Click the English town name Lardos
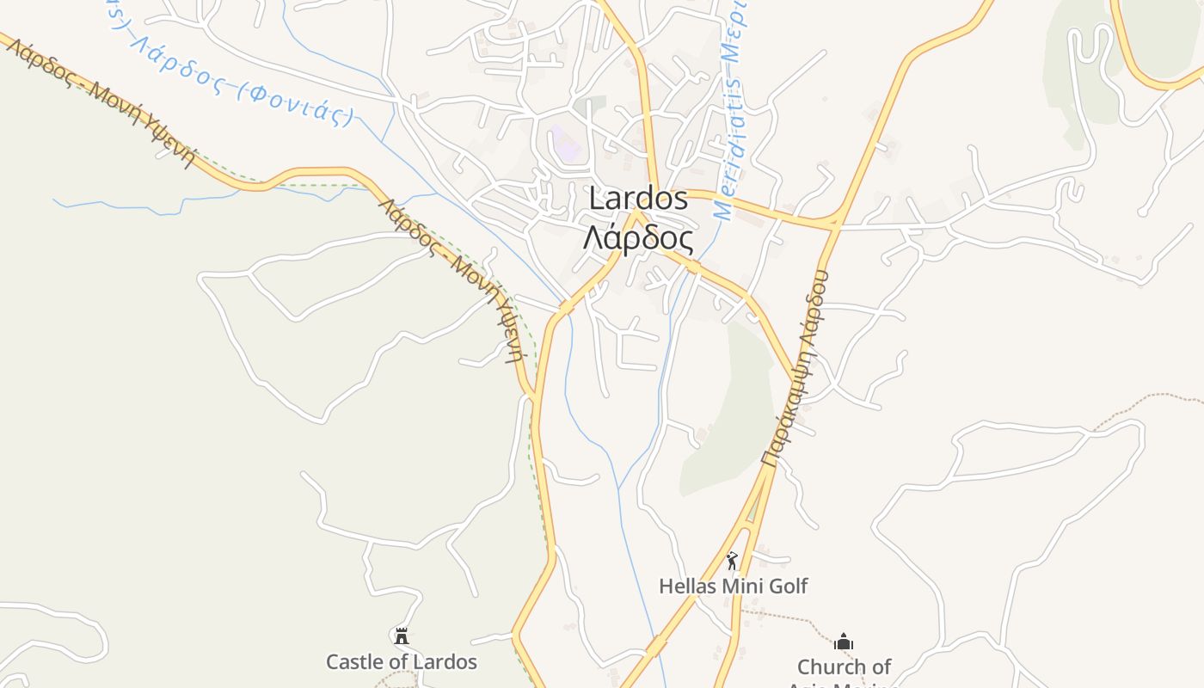(x=638, y=199)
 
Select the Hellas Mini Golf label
(x=733, y=587)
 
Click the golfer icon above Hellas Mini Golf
(x=732, y=562)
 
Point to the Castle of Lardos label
(x=401, y=661)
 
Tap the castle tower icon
(x=401, y=636)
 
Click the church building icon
(x=844, y=642)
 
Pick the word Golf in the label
(x=789, y=587)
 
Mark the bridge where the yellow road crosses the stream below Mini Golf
(x=656, y=645)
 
